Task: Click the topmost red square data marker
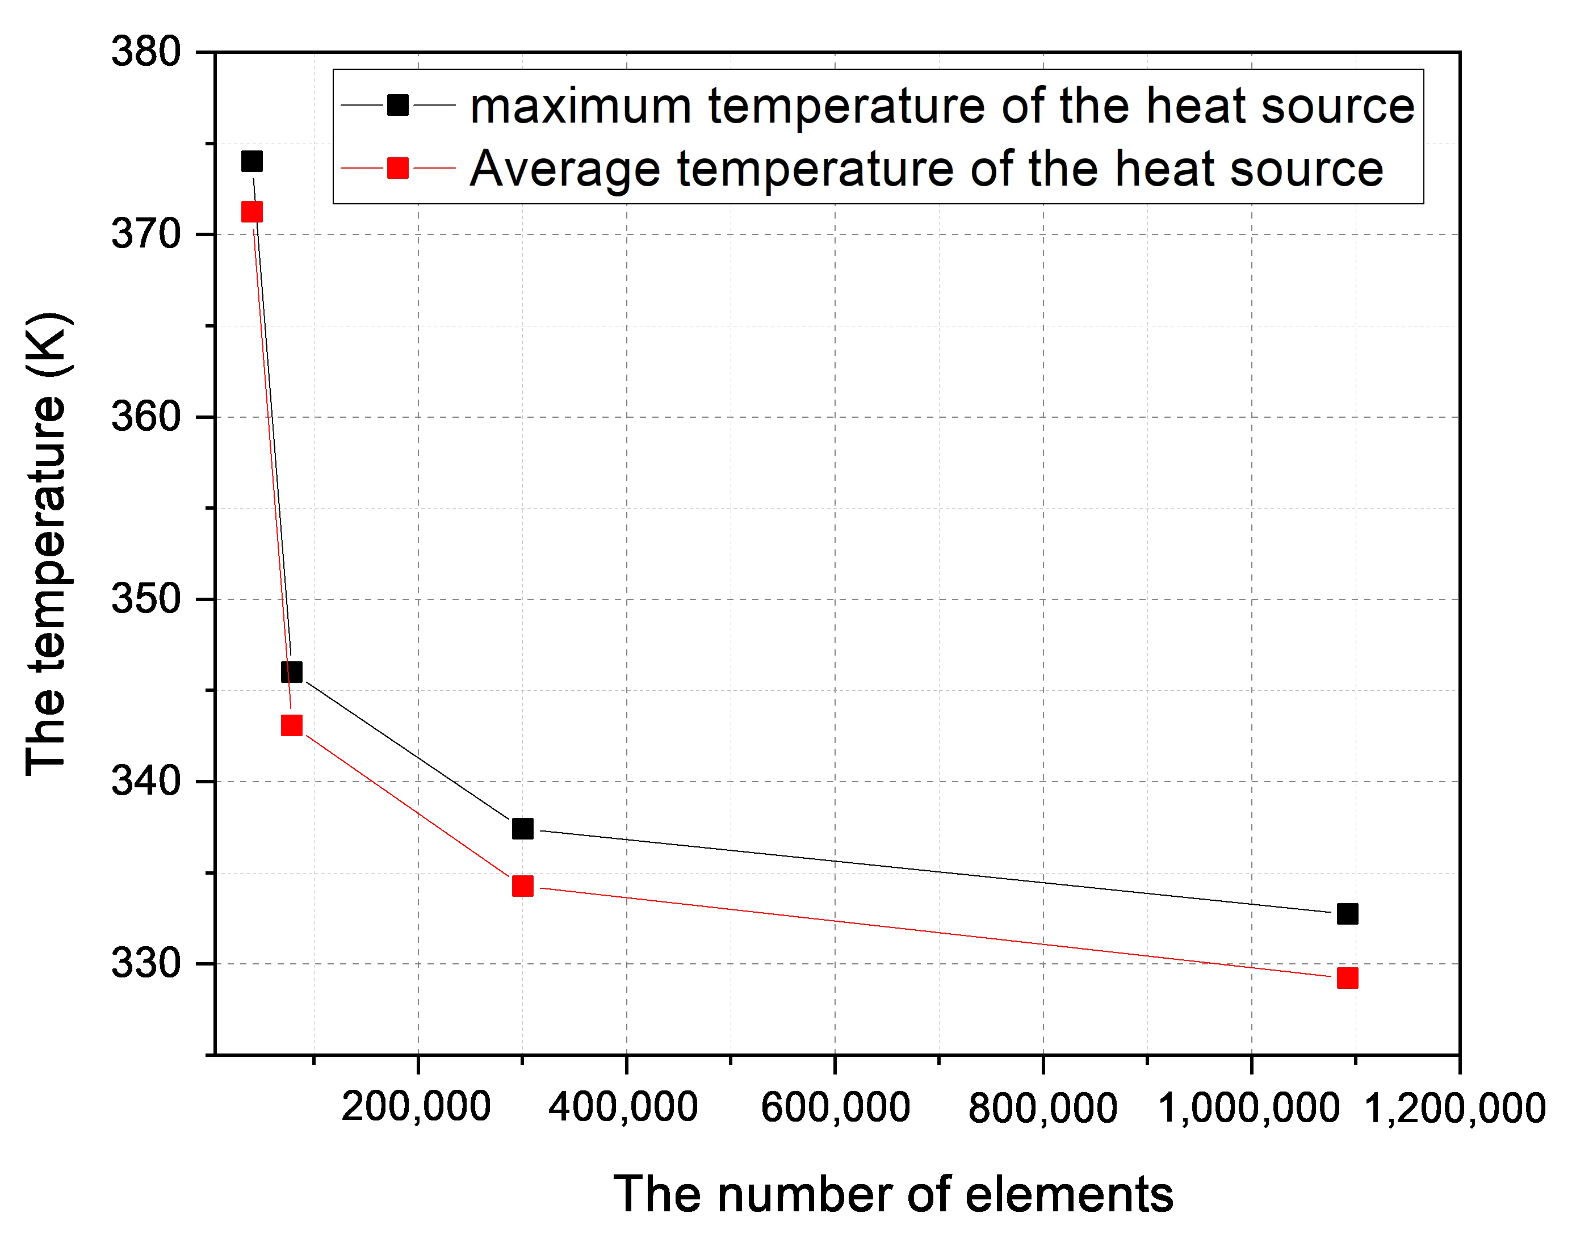click(251, 212)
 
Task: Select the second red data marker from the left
click(291, 725)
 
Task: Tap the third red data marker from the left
click(522, 885)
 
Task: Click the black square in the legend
click(398, 106)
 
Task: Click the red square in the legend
click(398, 169)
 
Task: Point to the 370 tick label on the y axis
click(145, 233)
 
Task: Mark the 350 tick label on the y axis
click(145, 599)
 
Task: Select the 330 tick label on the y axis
click(145, 964)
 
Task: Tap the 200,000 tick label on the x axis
click(416, 1105)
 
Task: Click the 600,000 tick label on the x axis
click(835, 1105)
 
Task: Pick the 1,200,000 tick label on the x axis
click(1452, 1105)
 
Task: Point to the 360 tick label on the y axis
click(145, 416)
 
